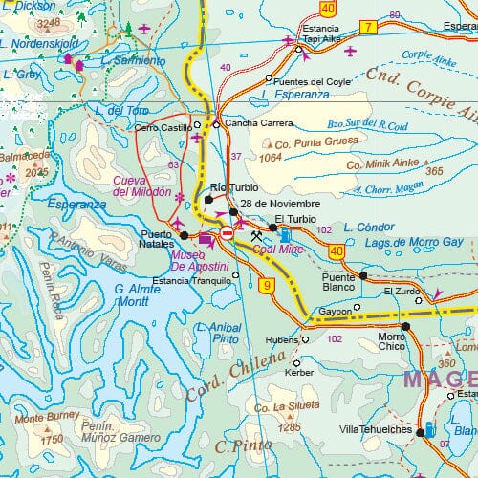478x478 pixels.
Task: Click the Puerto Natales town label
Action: [157, 238]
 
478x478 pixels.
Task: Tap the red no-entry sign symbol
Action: [228, 232]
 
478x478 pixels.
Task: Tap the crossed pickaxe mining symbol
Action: [256, 235]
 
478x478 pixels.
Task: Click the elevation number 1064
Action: [271, 158]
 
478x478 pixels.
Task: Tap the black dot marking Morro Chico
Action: [406, 326]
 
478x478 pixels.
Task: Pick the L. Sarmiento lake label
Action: [140, 61]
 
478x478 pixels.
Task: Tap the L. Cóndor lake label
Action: [368, 228]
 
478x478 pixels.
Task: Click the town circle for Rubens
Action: [306, 338]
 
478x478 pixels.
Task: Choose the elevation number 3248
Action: [47, 21]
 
